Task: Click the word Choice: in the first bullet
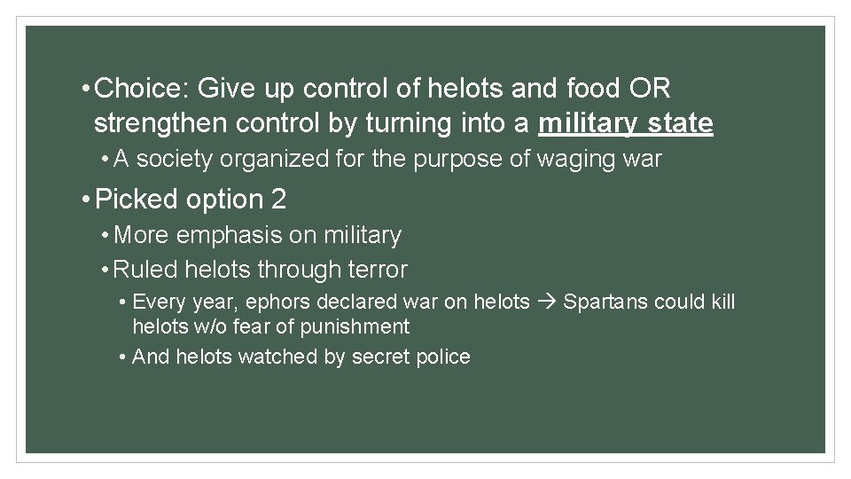[141, 89]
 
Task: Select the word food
[580, 89]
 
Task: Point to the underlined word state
[679, 123]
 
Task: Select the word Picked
[137, 200]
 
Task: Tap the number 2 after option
[279, 200]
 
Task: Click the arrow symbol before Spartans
[545, 302]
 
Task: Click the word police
[444, 357]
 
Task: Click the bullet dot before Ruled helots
[105, 270]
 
